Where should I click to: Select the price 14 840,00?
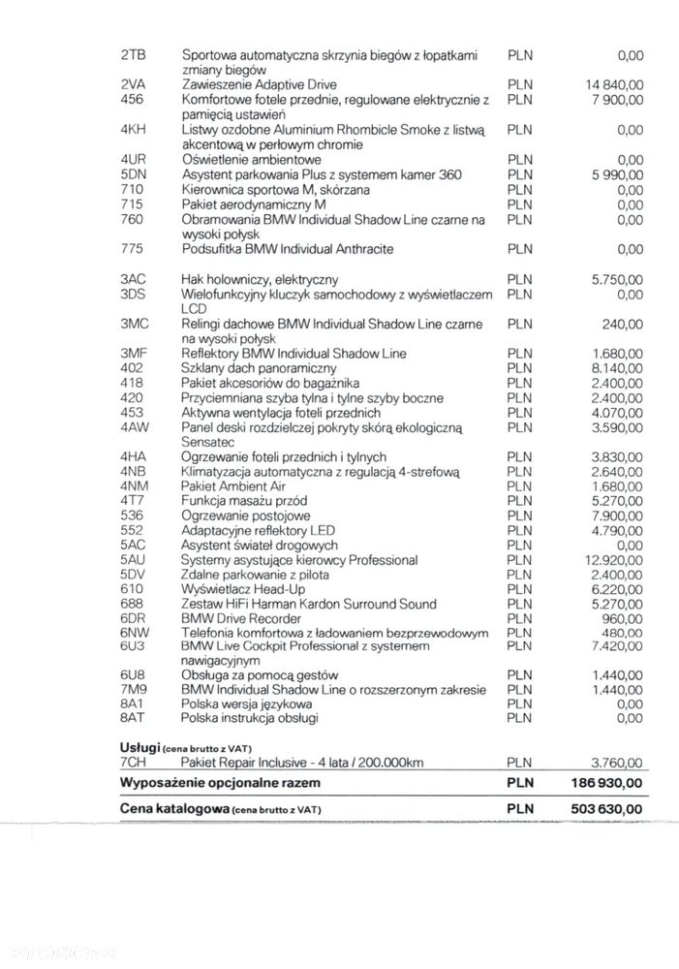tap(615, 84)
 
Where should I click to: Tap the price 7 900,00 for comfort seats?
tap(617, 99)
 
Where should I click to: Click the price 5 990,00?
tap(617, 174)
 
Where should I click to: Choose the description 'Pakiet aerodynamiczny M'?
tap(254, 204)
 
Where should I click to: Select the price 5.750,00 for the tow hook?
tap(617, 279)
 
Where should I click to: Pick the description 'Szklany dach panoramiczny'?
tap(259, 368)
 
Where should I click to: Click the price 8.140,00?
tap(617, 368)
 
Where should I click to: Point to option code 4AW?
tap(134, 426)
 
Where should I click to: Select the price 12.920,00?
tap(614, 560)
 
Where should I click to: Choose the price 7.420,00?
tap(617, 644)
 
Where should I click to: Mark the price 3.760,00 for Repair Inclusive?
tap(617, 762)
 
